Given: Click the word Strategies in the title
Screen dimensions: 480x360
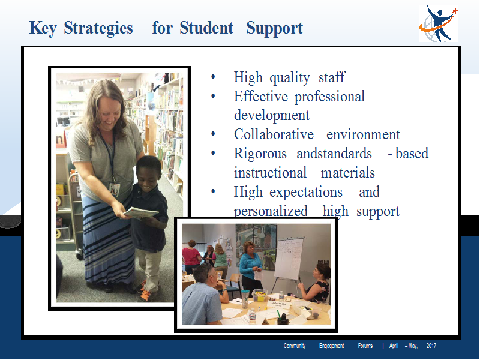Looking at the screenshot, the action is [98, 28].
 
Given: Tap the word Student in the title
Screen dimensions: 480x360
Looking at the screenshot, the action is [206, 28].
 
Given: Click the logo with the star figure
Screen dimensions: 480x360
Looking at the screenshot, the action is [439, 24].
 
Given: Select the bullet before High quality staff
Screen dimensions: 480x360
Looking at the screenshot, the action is [214, 77].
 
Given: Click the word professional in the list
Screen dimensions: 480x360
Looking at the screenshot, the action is [329, 97].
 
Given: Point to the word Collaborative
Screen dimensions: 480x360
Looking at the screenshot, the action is [274, 134].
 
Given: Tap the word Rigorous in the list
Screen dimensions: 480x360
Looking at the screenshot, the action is [260, 154].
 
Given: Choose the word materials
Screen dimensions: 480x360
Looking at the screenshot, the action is [348, 173].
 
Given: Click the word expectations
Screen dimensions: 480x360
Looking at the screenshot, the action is [306, 193].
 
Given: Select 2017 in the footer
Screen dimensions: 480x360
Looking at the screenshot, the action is [431, 346].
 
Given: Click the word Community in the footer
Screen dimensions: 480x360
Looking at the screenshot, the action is [295, 346].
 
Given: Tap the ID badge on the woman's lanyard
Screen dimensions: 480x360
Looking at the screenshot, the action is [115, 190].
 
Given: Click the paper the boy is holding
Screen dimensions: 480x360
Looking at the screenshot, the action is [141, 212].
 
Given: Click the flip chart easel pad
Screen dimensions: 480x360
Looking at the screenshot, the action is [289, 259].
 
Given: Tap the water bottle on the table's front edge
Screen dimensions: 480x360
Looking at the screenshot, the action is [252, 316].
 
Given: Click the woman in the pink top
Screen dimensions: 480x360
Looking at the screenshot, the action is [191, 257].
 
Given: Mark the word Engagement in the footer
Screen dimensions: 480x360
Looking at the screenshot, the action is [332, 346].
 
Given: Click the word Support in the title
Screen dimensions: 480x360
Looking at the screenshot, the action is [275, 28].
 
